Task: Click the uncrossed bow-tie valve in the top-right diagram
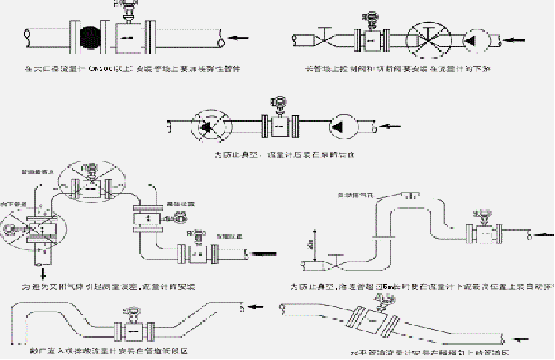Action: pos(324,38)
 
